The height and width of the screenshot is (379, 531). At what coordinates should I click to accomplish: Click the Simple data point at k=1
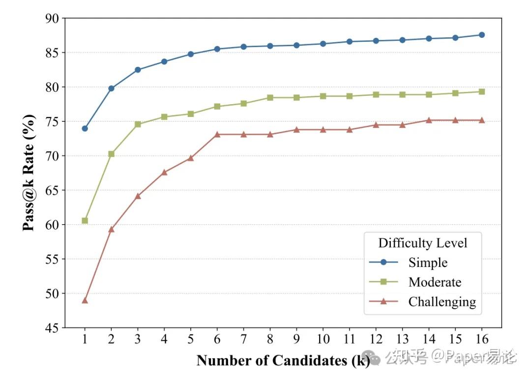(x=85, y=128)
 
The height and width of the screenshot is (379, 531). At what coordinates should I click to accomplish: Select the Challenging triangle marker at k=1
(x=85, y=300)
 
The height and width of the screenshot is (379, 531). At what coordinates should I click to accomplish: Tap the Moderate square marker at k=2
(x=111, y=154)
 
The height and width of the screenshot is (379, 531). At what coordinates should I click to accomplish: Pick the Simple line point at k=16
(x=481, y=35)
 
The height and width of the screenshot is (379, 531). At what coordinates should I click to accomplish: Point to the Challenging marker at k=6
(x=217, y=134)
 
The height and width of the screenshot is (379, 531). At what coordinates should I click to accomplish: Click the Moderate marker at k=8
(x=270, y=97)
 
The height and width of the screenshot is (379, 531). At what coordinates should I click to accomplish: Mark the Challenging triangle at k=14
(x=429, y=120)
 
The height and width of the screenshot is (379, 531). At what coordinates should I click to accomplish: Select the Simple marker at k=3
(x=138, y=70)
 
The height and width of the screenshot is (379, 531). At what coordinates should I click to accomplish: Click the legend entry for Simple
(x=428, y=262)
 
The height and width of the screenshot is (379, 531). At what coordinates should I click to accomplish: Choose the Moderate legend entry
(x=435, y=282)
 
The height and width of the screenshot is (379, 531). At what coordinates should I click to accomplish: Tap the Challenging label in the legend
(x=442, y=302)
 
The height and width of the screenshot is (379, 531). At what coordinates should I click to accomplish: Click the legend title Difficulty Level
(x=422, y=243)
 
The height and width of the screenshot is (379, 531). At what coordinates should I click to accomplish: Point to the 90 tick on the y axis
(x=52, y=18)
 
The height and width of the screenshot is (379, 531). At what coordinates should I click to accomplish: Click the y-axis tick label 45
(x=52, y=327)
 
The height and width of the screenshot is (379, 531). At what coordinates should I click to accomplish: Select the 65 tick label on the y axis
(x=52, y=190)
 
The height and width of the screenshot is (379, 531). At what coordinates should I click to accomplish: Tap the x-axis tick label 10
(x=323, y=340)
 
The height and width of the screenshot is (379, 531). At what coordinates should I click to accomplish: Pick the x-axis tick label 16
(x=481, y=340)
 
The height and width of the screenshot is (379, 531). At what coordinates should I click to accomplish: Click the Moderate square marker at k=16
(x=481, y=91)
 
